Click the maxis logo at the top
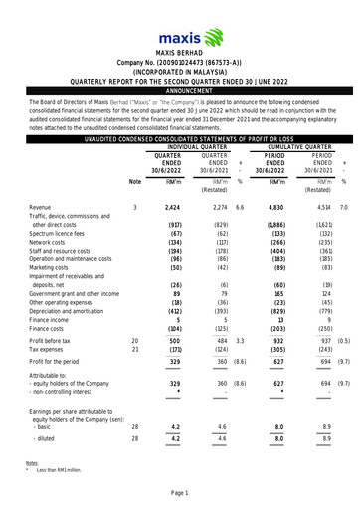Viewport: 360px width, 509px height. [179, 21]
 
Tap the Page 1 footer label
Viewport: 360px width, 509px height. [179, 494]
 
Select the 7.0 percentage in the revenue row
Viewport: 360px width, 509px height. [343, 207]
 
